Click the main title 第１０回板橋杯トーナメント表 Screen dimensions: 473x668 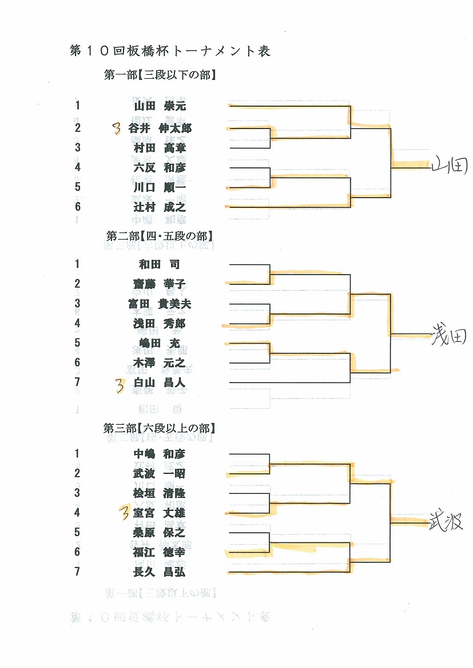pyautogui.click(x=170, y=51)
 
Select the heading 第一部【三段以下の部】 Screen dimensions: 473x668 pyautogui.click(x=160, y=75)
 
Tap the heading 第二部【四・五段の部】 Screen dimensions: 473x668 pyautogui.click(x=160, y=236)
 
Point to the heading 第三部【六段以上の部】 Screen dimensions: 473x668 pyautogui.click(x=159, y=428)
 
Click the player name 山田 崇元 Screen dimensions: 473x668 pyautogui.click(x=160, y=106)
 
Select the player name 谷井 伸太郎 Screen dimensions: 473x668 pyautogui.click(x=160, y=128)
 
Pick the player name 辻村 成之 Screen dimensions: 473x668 pyautogui.click(x=160, y=207)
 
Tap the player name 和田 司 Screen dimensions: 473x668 pyautogui.click(x=160, y=264)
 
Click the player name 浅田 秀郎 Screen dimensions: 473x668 pyautogui.click(x=159, y=323)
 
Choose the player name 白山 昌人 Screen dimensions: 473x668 pyautogui.click(x=160, y=383)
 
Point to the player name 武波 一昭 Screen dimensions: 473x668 pyautogui.click(x=159, y=473)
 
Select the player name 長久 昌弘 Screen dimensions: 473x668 pyautogui.click(x=159, y=572)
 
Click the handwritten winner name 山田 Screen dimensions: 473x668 pyautogui.click(x=450, y=165)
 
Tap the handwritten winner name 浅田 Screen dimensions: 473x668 pyautogui.click(x=448, y=336)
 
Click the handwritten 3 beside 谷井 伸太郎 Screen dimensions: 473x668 pyautogui.click(x=117, y=128)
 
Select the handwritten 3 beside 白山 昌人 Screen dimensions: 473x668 pyautogui.click(x=120, y=385)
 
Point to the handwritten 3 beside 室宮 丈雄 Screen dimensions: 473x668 pyautogui.click(x=124, y=513)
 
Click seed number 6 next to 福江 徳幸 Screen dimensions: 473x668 pyautogui.click(x=77, y=552)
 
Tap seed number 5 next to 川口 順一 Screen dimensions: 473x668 pyautogui.click(x=77, y=187)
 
